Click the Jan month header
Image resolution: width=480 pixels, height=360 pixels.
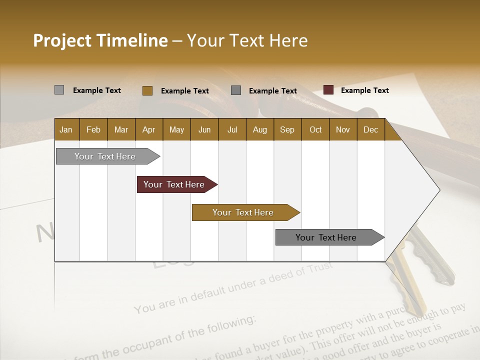tap(66, 129)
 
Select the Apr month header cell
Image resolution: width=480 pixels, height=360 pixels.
tap(148, 129)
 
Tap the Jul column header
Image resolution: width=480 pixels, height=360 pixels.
tap(232, 129)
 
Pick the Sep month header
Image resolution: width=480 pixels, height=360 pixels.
tap(287, 129)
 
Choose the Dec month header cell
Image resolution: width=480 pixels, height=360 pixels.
tap(370, 129)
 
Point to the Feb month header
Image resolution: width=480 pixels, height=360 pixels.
tap(93, 129)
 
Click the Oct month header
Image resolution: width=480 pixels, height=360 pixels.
tap(315, 129)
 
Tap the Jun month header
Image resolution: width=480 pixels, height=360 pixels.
tap(204, 129)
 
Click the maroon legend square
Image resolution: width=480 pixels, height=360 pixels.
tap(328, 90)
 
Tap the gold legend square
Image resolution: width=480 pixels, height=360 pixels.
tap(147, 90)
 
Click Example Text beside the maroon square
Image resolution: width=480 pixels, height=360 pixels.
tap(364, 90)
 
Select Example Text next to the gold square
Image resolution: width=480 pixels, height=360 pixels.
tap(184, 90)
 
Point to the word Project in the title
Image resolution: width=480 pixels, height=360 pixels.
tap(62, 40)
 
